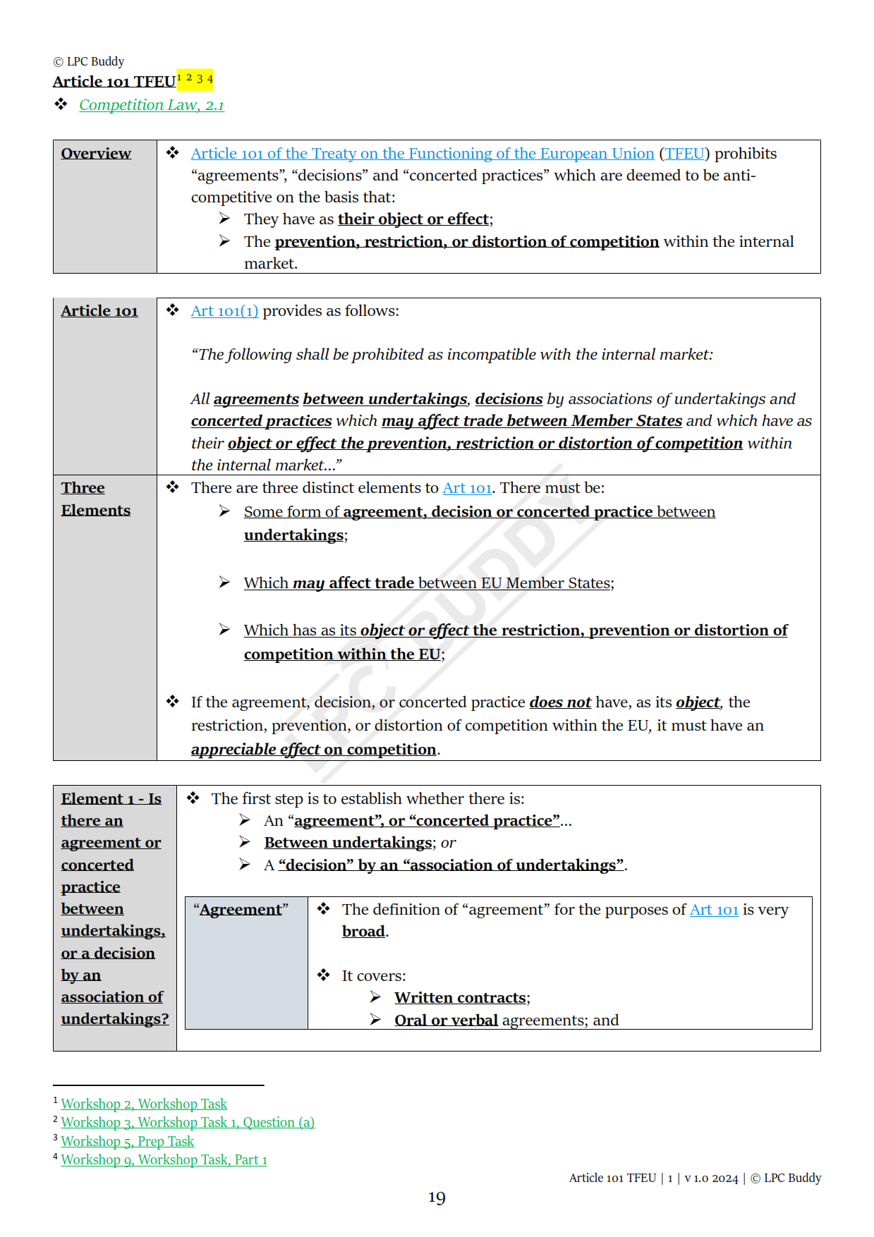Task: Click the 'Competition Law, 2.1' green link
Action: [x=151, y=105]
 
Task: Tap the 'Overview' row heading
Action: [x=96, y=154]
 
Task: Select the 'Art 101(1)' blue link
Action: [x=224, y=311]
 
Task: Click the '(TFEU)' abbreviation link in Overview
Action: [x=684, y=154]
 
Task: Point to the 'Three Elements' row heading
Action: [x=95, y=499]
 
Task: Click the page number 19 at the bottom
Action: [x=437, y=1198]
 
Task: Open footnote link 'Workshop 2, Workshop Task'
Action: [x=144, y=1104]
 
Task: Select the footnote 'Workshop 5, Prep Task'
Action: [x=127, y=1141]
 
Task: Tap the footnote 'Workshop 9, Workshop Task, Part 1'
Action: [x=164, y=1159]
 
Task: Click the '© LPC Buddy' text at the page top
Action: [x=89, y=61]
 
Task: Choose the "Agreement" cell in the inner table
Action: [x=241, y=910]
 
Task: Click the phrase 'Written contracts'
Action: [x=461, y=998]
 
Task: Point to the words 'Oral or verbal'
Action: [x=446, y=1020]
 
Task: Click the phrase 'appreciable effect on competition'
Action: [x=313, y=750]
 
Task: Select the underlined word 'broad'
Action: [x=363, y=932]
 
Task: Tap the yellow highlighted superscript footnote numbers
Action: [x=195, y=79]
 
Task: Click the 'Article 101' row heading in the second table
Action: [x=99, y=311]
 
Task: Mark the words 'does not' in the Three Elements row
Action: [x=560, y=702]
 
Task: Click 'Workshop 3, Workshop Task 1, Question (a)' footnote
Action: [x=188, y=1122]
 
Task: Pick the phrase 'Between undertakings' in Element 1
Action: [x=348, y=843]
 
